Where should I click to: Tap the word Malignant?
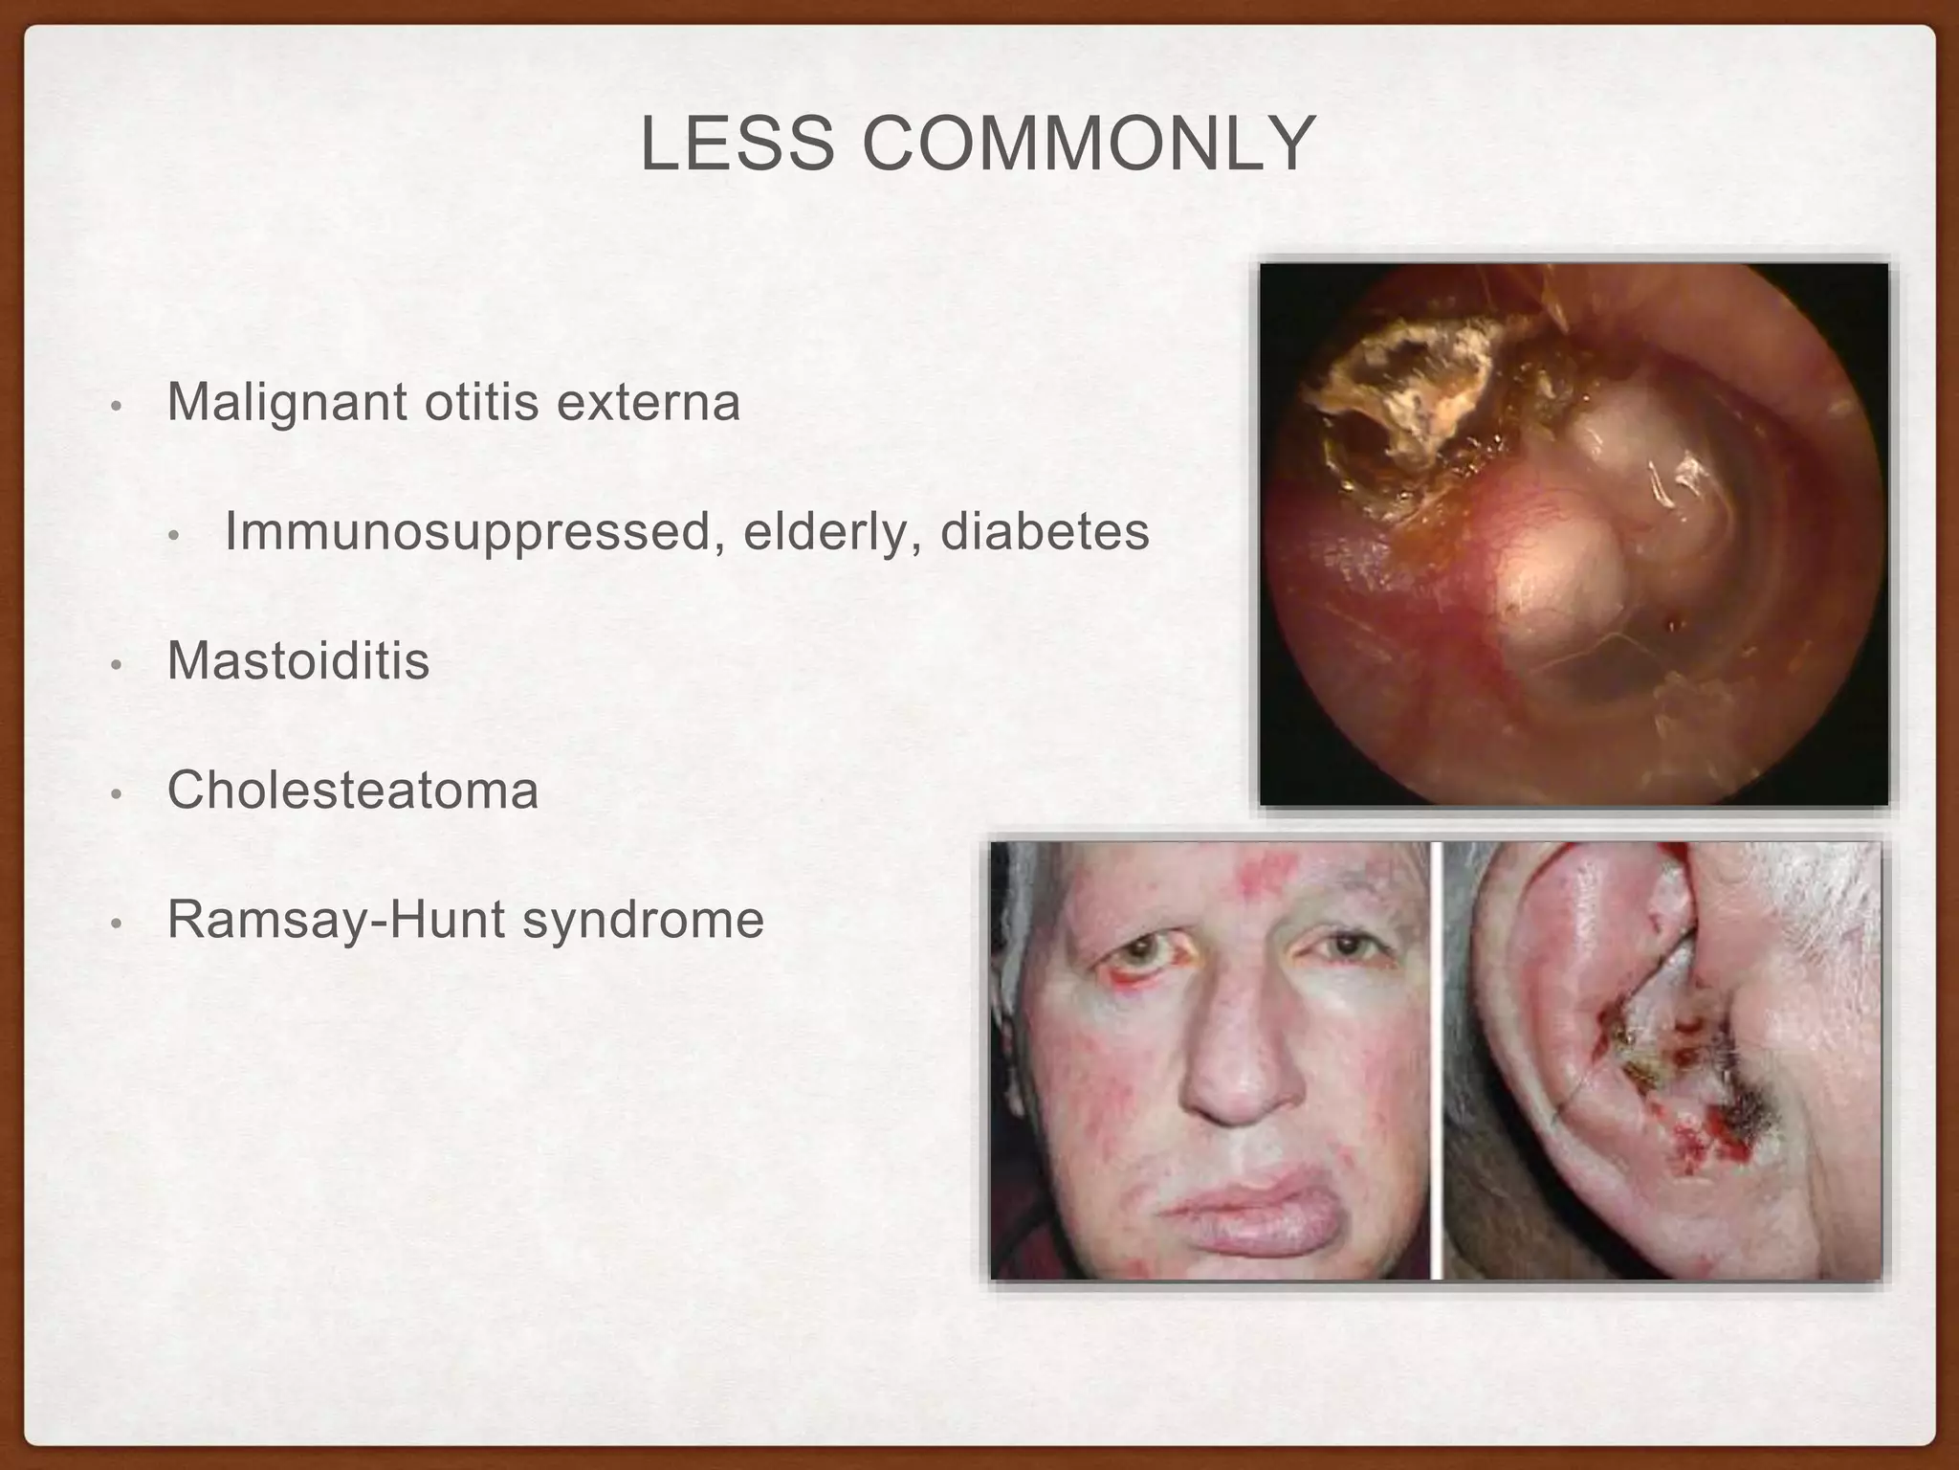pos(287,403)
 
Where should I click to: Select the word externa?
pos(649,401)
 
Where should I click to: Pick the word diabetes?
pos(1045,532)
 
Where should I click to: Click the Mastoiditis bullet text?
pos(298,660)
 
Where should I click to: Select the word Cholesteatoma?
pos(353,791)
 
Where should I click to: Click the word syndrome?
pos(643,921)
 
